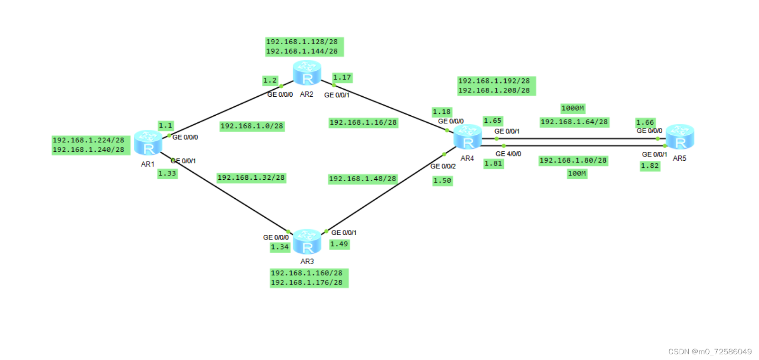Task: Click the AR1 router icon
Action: click(x=148, y=143)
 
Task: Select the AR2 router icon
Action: click(x=307, y=73)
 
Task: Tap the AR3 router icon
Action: click(x=307, y=241)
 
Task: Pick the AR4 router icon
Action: click(x=468, y=137)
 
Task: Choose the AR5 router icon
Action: click(x=680, y=137)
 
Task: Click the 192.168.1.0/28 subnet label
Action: click(x=252, y=126)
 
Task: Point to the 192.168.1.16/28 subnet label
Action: click(x=363, y=123)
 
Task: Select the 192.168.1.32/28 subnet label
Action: click(x=251, y=178)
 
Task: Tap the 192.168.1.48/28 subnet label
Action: click(x=363, y=179)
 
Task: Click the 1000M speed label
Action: click(x=573, y=109)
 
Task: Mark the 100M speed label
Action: click(x=577, y=174)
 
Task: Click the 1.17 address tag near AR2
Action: click(x=342, y=78)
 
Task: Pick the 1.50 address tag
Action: click(x=442, y=181)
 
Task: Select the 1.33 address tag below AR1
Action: click(x=167, y=174)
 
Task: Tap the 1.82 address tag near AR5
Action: click(x=650, y=166)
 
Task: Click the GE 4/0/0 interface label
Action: click(x=508, y=154)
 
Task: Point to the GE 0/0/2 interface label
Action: click(x=443, y=166)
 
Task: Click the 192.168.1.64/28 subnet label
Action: click(x=574, y=122)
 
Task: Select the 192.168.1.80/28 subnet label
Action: click(x=573, y=161)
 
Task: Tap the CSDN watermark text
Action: click(x=710, y=351)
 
